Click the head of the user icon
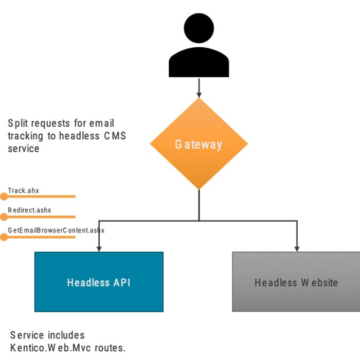(199, 29)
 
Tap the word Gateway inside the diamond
(199, 145)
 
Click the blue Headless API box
(99, 282)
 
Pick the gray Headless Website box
(296, 282)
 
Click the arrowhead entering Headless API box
(99, 248)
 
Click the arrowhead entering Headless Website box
(297, 248)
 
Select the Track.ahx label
(23, 191)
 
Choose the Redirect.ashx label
(29, 210)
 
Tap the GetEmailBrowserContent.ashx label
(56, 230)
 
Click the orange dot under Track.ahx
(4, 196)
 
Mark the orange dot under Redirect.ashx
(4, 217)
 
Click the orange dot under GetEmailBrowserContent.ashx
(4, 237)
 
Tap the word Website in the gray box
(319, 282)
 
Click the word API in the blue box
(121, 282)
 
